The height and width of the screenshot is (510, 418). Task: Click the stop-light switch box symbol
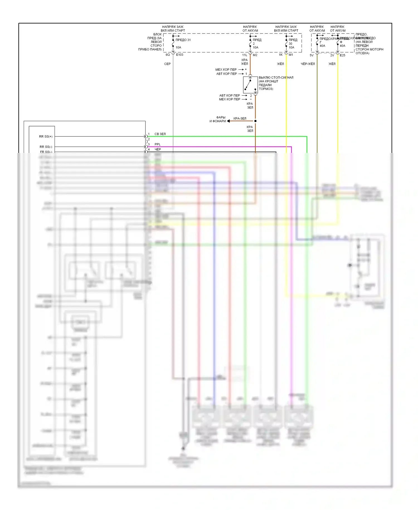[x=250, y=85]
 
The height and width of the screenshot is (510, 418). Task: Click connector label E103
[x=180, y=55]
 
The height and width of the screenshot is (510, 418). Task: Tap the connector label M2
[x=255, y=55]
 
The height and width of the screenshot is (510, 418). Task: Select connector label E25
[x=342, y=55]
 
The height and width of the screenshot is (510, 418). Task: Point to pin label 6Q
[x=168, y=55]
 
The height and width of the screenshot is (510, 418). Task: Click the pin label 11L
[x=245, y=55]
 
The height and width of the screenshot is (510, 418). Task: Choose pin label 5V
[x=312, y=55]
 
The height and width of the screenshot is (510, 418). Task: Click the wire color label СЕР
[x=167, y=64]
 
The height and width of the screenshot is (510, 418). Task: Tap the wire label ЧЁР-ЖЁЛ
[x=308, y=64]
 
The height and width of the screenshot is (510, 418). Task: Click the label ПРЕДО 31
[x=183, y=40]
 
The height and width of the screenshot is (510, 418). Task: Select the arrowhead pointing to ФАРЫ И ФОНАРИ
[x=229, y=121]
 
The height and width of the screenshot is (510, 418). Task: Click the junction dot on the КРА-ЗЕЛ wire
[x=255, y=121]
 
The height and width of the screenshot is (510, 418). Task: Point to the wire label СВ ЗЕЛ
[x=160, y=134]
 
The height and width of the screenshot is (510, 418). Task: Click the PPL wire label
[x=157, y=144]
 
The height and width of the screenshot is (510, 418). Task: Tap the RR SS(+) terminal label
[x=46, y=136]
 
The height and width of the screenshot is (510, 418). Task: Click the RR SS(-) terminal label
[x=46, y=147]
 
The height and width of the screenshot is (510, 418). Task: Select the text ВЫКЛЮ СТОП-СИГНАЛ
[x=276, y=78]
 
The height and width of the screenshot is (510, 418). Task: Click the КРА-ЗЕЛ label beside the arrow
[x=240, y=119]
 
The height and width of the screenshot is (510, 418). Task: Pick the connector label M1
[x=291, y=55]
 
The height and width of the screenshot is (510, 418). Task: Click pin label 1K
[x=281, y=55]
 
